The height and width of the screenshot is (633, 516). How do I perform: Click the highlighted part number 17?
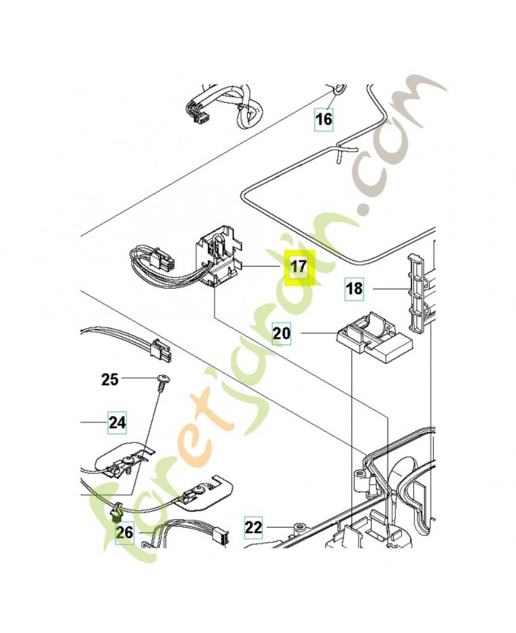[299, 267]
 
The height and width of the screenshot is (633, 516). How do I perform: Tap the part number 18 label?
[355, 289]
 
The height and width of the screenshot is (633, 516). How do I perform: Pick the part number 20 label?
[282, 334]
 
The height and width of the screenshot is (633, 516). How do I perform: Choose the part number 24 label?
[117, 423]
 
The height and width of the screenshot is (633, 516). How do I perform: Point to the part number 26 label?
[125, 532]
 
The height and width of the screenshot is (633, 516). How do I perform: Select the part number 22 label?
[252, 527]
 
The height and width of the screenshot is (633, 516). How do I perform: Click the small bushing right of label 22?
[299, 527]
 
